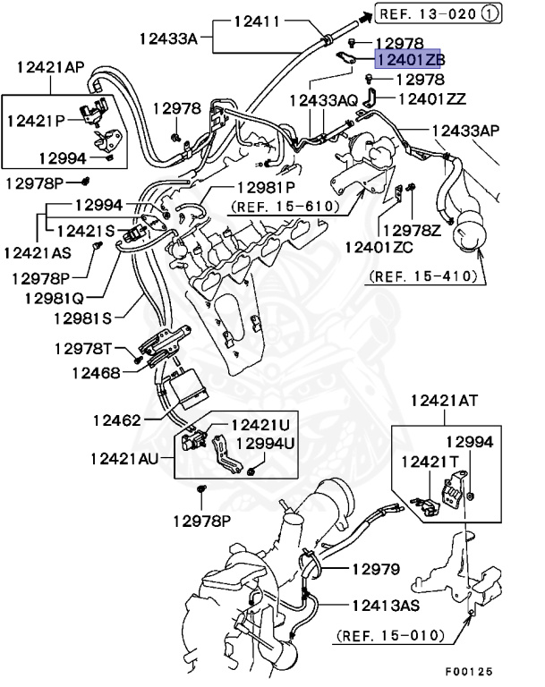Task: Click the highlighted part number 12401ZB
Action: (409, 60)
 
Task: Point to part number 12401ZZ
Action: (431, 99)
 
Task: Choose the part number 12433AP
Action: (465, 131)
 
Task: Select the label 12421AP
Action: (50, 67)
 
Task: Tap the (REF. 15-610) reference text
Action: (285, 207)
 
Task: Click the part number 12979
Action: (375, 569)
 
